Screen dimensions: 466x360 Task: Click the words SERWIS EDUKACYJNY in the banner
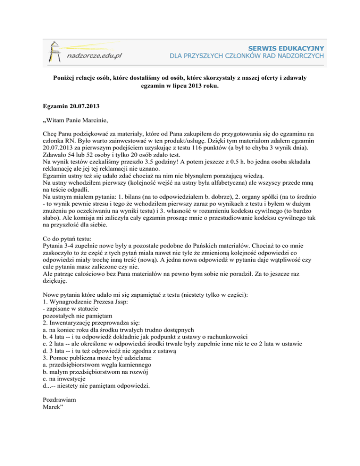click(x=288, y=47)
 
